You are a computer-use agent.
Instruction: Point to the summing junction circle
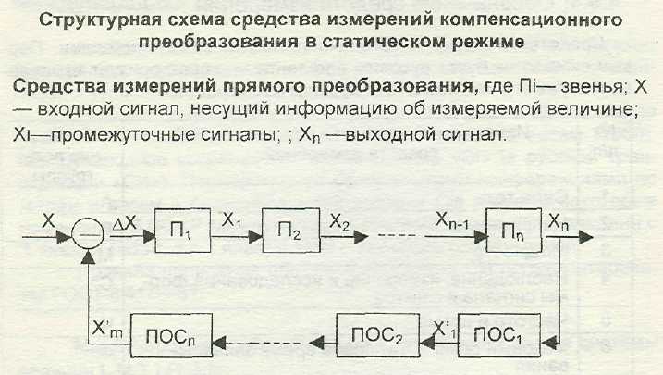pyautogui.click(x=88, y=239)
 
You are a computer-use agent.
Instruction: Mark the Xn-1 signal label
pyautogui.click(x=454, y=224)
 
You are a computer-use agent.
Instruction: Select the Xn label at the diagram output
pyautogui.click(x=558, y=225)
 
